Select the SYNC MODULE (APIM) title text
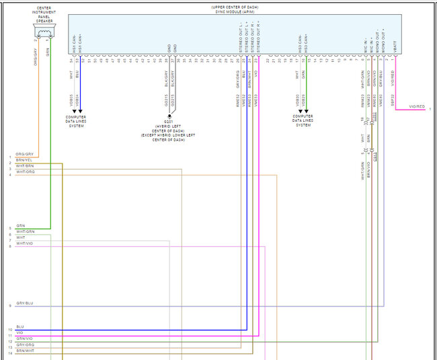point(234,10)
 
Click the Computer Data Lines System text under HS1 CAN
point(75,120)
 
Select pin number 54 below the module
point(71,61)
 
